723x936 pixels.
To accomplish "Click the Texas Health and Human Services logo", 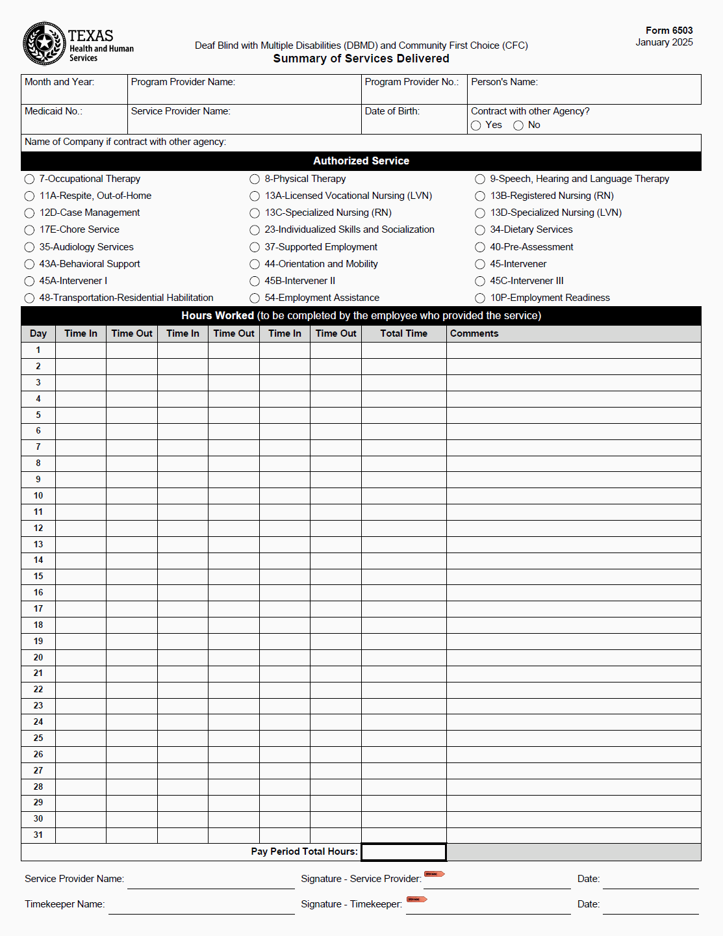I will click(44, 44).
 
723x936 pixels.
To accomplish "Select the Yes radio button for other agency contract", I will click(476, 125).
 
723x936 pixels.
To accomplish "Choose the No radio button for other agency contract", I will click(518, 125).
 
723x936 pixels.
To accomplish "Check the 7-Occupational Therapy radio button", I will click(29, 179).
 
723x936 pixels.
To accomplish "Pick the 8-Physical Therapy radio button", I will click(255, 179).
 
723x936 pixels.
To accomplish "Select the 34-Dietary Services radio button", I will click(480, 230).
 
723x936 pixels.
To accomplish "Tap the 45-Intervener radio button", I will click(480, 265).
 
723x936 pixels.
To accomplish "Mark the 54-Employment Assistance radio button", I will click(255, 298).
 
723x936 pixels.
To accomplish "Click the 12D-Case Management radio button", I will click(29, 213).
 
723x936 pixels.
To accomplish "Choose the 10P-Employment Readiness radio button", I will click(480, 298).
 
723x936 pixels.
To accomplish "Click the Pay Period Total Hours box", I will click(403, 852).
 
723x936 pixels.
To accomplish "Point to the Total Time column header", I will click(403, 333).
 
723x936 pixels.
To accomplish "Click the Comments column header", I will click(474, 333).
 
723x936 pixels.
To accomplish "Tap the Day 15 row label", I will click(38, 577).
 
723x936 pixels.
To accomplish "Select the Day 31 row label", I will click(38, 835).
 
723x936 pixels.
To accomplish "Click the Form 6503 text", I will click(669, 31).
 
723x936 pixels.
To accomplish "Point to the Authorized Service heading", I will click(361, 161).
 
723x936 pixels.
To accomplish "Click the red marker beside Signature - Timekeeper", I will click(416, 900).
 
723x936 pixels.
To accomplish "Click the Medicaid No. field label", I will click(53, 111).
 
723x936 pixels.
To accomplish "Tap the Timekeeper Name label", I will click(64, 904).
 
